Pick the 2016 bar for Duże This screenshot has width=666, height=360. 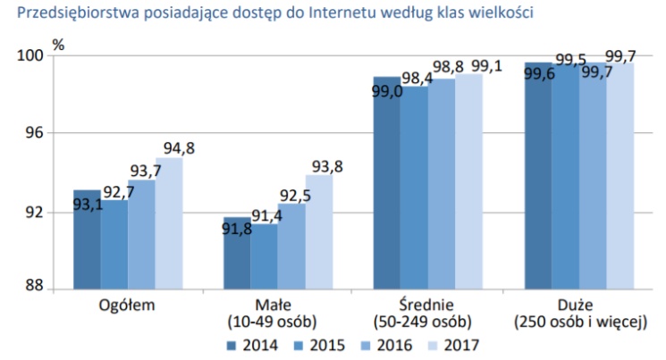click(593, 179)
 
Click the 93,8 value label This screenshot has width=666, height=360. click(325, 166)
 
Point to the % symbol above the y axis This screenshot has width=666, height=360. click(58, 42)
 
